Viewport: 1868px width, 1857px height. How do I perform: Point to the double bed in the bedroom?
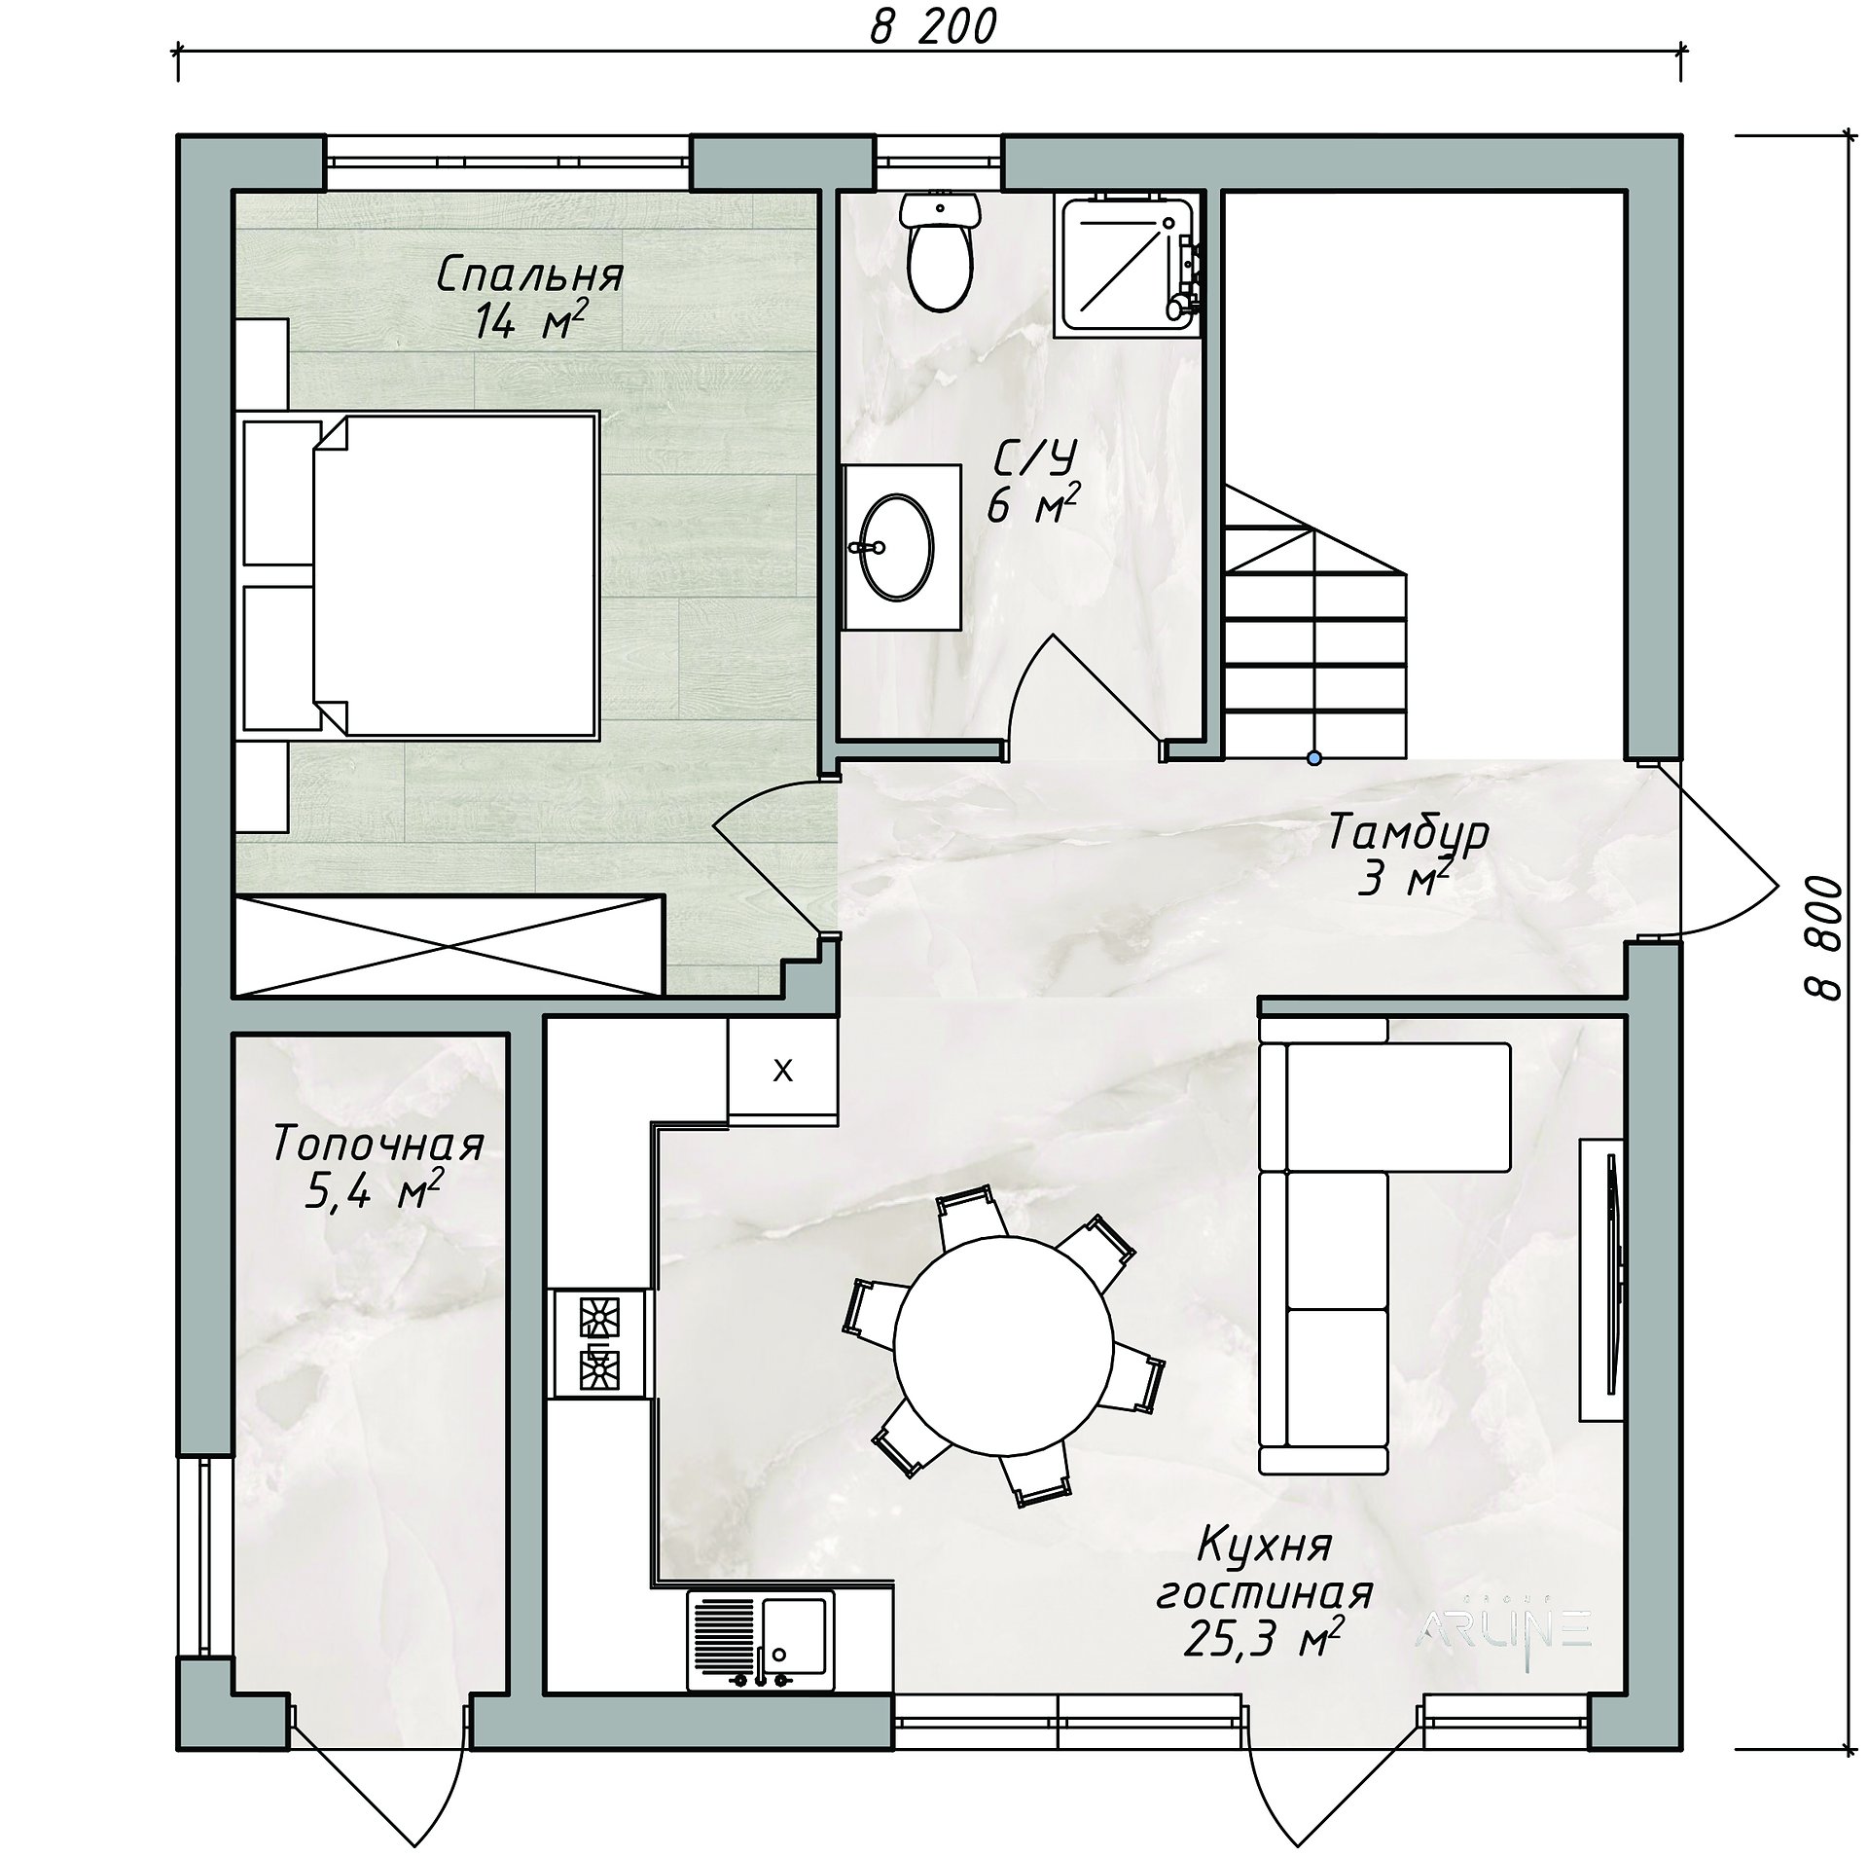pyautogui.click(x=418, y=575)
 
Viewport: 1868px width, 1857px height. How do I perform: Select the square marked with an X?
pyautogui.click(x=782, y=1071)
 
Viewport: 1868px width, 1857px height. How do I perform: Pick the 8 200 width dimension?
pyautogui.click(x=933, y=28)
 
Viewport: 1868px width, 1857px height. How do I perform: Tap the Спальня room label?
pyautogui.click(x=529, y=276)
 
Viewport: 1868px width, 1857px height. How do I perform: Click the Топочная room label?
pyautogui.click(x=378, y=1145)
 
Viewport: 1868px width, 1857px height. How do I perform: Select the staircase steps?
pyautogui.click(x=1314, y=620)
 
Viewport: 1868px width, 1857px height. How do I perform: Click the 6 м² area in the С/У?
pyautogui.click(x=1034, y=505)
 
